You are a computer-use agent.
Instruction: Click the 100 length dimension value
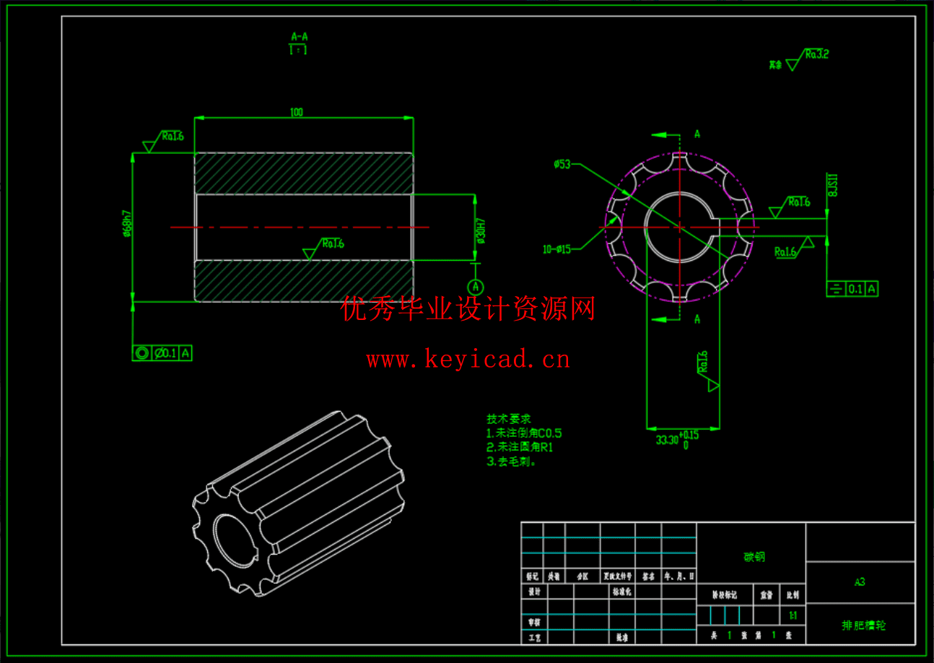point(296,112)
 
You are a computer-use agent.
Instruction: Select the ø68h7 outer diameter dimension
point(127,224)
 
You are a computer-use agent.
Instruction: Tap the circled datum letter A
point(475,287)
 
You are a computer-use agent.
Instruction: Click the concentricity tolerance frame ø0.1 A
point(162,353)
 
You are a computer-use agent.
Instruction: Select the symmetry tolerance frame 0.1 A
point(852,289)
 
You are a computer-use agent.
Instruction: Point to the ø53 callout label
point(562,165)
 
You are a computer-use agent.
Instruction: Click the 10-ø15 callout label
point(557,249)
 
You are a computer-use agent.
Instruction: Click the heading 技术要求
point(509,419)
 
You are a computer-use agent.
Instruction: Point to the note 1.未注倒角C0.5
point(524,433)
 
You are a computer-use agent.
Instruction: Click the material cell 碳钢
point(754,557)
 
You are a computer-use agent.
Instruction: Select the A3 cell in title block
point(860,582)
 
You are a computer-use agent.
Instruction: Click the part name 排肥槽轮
point(863,625)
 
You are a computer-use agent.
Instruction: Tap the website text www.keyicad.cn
point(468,359)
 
